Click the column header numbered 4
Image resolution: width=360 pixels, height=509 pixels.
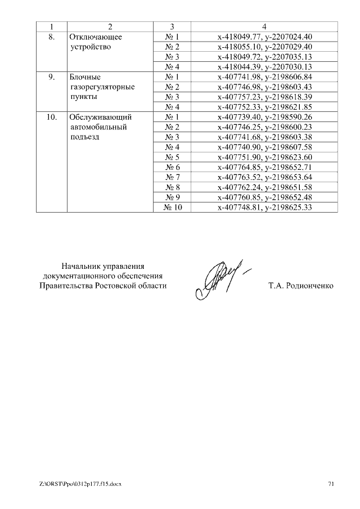pos(264,27)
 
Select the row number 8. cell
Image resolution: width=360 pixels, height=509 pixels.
pos(51,37)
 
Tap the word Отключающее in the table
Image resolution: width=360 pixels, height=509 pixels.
pos(96,37)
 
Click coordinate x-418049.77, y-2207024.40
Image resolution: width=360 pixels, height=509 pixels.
pos(264,37)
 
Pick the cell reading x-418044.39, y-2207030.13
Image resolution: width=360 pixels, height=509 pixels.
pos(264,67)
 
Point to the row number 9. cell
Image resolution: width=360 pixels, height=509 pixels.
pos(51,77)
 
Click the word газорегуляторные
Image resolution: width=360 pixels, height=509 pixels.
pos(102,87)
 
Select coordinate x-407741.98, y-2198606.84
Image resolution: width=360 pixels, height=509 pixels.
pos(264,77)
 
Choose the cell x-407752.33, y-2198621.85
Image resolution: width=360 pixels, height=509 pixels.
pos(264,107)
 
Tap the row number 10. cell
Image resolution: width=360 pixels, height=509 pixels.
pos(51,117)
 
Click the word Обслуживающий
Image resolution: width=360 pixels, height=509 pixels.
pos(100,117)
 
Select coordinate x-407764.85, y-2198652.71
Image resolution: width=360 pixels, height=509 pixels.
pos(264,167)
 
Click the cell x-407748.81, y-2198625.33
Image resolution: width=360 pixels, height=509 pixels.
pos(264,208)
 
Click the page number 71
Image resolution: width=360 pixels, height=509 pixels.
pos(331,484)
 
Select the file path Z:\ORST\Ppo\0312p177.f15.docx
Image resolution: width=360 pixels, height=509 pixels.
pos(80,484)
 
